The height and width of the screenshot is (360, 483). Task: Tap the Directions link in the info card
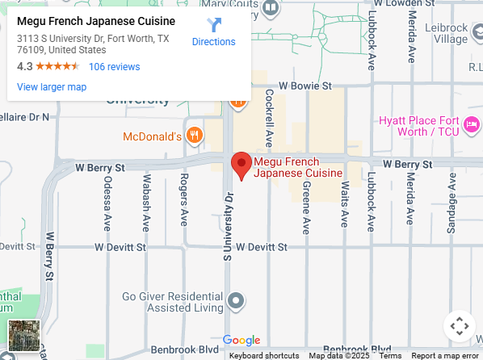coord(214,41)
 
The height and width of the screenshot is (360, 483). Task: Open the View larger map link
coord(52,87)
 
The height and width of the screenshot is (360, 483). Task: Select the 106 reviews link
coord(114,67)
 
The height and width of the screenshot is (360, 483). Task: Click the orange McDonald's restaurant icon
coord(193,136)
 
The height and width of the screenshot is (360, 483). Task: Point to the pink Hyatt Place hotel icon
coord(472,124)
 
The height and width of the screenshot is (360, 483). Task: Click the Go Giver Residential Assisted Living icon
coord(236,302)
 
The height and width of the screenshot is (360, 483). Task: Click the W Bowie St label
coord(305,85)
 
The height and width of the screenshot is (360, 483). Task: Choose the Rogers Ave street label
coord(184,199)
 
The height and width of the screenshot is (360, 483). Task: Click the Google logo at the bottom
coord(241,341)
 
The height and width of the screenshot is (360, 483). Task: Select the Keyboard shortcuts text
coord(264,355)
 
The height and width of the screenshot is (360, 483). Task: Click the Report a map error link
coord(445,355)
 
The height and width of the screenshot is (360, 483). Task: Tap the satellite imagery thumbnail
coord(23,336)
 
